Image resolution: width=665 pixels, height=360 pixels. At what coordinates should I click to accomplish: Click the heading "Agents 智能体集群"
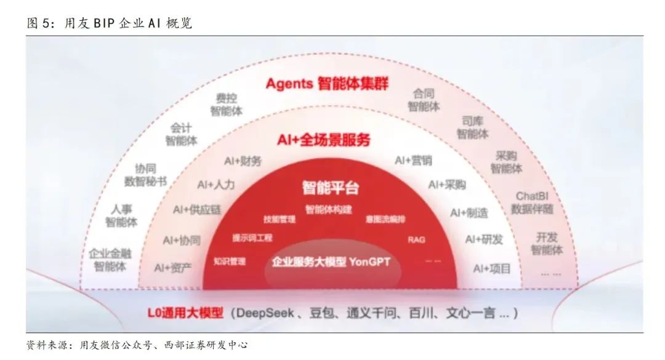pos(327,83)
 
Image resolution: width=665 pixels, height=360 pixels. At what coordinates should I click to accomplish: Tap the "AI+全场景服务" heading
pos(323,140)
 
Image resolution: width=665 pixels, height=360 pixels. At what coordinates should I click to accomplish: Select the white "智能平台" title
pos(330,186)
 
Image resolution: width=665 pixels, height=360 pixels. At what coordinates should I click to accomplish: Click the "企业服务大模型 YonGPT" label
pos(331,262)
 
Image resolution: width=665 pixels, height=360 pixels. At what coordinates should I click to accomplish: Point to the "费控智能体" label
pos(226,105)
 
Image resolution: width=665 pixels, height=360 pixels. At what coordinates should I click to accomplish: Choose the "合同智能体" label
pos(424,100)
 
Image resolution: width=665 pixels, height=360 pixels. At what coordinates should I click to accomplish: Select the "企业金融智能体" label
pos(110,260)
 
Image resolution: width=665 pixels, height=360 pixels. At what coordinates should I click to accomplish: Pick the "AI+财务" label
pos(243,161)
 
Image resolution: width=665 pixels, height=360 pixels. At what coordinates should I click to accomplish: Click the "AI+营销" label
pos(413,160)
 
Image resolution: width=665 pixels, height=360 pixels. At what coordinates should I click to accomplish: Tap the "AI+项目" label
pos(491,268)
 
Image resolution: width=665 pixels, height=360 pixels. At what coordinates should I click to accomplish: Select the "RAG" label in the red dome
pos(416,239)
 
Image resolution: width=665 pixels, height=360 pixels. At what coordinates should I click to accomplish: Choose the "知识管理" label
pos(230,261)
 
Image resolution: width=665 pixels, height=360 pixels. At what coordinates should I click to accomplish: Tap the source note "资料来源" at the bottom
pos(48,345)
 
